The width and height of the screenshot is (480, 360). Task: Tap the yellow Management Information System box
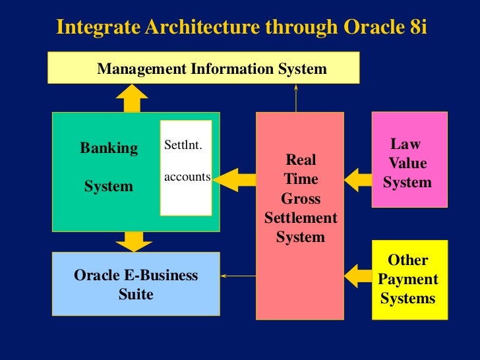pyautogui.click(x=204, y=69)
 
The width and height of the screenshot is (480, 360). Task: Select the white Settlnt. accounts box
pyautogui.click(x=186, y=167)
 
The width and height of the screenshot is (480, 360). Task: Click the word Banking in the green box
pyautogui.click(x=109, y=148)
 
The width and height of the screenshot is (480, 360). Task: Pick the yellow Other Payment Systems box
pyautogui.click(x=409, y=279)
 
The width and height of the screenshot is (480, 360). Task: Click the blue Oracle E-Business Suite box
pyautogui.click(x=136, y=284)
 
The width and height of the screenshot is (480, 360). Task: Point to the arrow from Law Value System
pyautogui.click(x=358, y=178)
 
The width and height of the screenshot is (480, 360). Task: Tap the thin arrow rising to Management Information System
pyautogui.click(x=297, y=98)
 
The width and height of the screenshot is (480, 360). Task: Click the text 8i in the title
pyautogui.click(x=415, y=28)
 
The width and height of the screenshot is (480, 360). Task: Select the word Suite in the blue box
pyautogui.click(x=136, y=294)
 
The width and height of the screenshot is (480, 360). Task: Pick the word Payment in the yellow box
pyautogui.click(x=408, y=279)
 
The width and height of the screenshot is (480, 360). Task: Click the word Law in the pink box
pyautogui.click(x=405, y=144)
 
